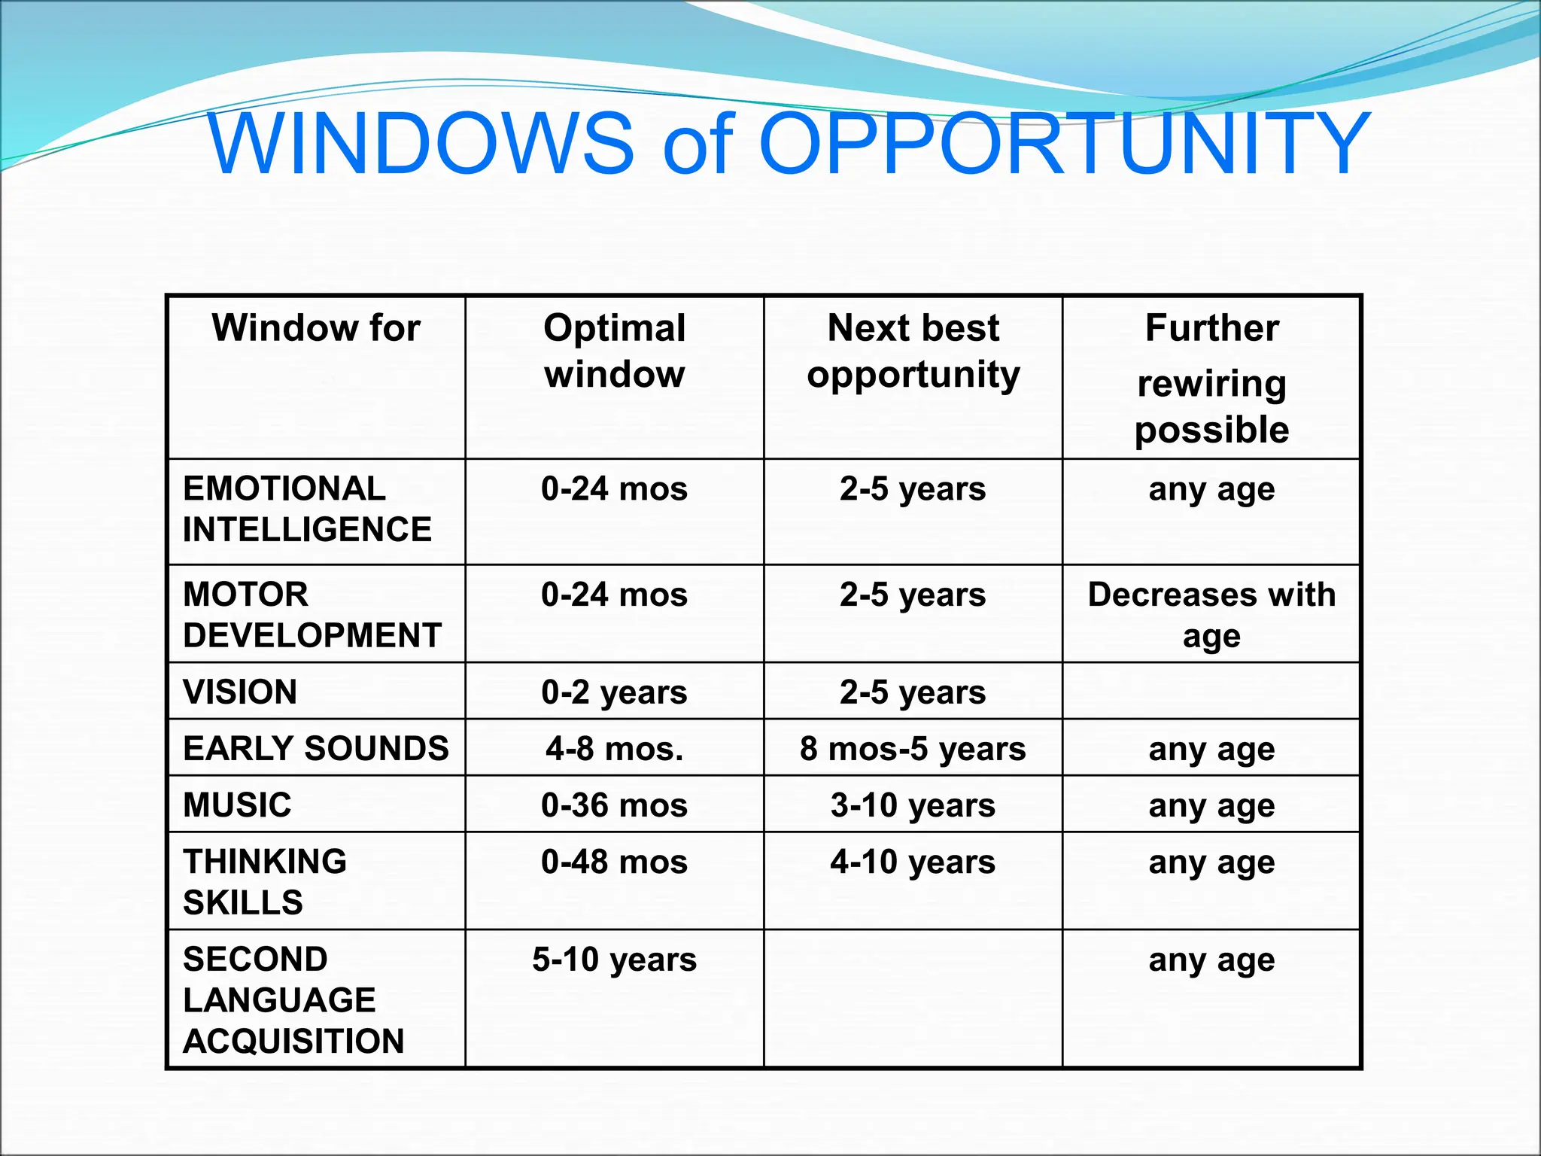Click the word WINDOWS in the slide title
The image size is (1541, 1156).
point(421,143)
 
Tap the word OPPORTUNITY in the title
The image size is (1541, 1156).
point(1064,143)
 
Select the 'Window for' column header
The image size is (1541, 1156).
point(316,328)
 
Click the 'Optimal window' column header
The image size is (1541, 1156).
point(615,351)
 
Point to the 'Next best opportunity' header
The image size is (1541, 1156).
point(913,351)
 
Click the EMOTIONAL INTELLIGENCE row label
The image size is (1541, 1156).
point(307,509)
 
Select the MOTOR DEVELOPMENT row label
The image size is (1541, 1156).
point(312,615)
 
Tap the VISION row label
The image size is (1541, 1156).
point(240,692)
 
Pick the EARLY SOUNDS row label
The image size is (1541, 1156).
point(316,748)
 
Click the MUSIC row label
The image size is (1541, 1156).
point(237,805)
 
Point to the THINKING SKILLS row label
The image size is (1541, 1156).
point(265,881)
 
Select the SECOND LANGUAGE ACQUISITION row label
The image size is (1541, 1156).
point(293,999)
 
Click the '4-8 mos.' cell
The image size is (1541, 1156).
point(615,749)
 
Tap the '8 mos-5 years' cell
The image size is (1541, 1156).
point(913,749)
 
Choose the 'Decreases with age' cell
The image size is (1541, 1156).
point(1211,615)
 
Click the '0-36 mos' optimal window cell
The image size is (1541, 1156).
point(614,805)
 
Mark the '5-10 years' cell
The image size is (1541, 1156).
point(614,960)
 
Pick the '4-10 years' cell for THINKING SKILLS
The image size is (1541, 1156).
point(913,862)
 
